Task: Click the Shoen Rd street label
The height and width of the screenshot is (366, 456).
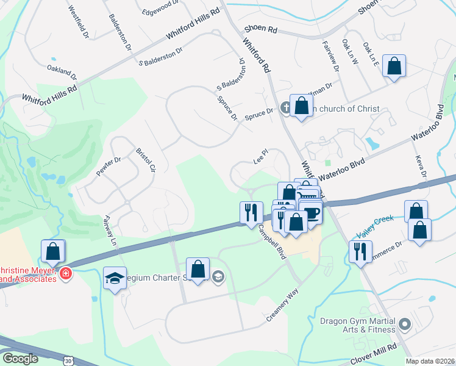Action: point(260,29)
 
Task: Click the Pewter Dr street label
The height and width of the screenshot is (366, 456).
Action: point(109,167)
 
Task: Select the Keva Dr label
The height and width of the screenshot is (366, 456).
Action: point(419,167)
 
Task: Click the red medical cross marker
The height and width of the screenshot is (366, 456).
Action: point(65,274)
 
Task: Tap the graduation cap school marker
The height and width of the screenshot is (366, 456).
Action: point(115,279)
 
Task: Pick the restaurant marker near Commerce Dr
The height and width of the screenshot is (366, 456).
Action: point(360,252)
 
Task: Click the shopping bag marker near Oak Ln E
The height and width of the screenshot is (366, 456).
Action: point(394,67)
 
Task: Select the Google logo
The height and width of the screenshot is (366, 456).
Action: point(20,358)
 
